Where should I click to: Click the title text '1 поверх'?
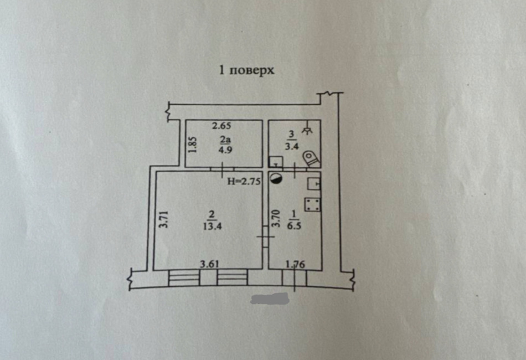point(246,70)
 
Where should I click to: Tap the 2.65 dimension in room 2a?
point(221,126)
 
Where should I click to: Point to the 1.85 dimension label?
point(193,145)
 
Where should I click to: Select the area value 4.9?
point(225,150)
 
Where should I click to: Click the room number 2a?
point(225,139)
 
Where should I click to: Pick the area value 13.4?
point(212,226)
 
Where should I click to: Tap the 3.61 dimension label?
point(209,264)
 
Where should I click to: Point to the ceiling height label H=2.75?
point(244,182)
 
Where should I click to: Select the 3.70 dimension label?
point(276,218)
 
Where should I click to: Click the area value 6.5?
point(294,225)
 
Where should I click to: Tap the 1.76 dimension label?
point(295,264)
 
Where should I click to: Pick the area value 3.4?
point(292,146)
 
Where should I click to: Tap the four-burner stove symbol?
point(312,205)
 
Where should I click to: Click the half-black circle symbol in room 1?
point(276,179)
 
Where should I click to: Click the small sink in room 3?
point(276,162)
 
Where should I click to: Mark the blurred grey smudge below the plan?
point(270,299)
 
